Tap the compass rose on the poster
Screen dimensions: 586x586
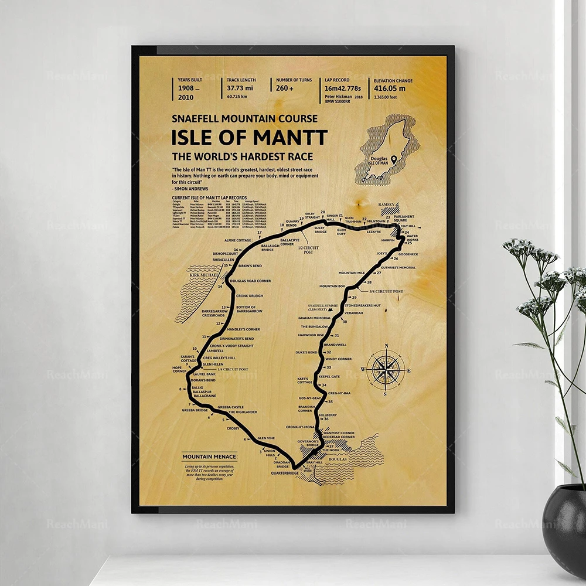(386, 368)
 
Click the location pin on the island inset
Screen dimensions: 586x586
(394, 159)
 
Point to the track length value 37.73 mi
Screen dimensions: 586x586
(241, 87)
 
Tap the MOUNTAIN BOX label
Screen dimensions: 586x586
(332, 286)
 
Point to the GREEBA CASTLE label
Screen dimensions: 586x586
(230, 407)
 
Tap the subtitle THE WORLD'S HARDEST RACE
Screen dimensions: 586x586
(242, 156)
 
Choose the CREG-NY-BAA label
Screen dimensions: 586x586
(339, 393)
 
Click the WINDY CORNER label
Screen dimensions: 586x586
(339, 359)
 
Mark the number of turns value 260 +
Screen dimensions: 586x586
(288, 87)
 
